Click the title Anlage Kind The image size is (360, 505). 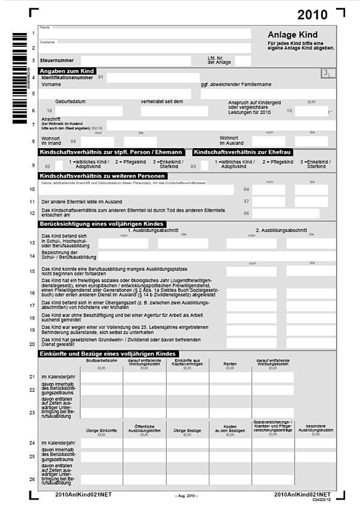point(293,35)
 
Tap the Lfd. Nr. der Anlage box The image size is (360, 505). point(243,61)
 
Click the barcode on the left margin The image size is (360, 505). point(16,78)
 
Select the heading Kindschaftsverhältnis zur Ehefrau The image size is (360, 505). point(242,152)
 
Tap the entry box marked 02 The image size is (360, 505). point(59,164)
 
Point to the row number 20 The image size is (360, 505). point(32,344)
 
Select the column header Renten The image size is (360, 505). point(230,363)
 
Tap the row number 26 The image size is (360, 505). point(32,479)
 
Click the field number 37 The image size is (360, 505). point(246,201)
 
